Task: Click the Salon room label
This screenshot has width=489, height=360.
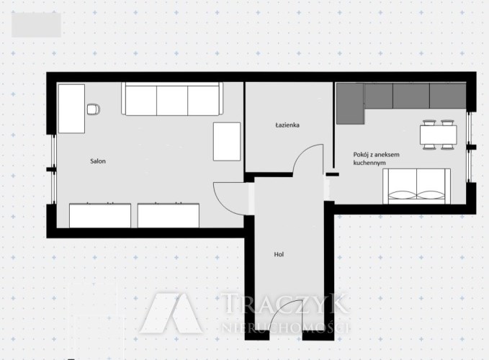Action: coord(98,161)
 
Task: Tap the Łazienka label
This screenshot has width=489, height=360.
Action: coord(287,125)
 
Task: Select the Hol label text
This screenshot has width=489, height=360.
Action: coord(279,254)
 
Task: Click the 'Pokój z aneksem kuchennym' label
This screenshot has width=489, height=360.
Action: coord(376,158)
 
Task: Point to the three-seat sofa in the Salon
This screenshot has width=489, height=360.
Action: coord(172,99)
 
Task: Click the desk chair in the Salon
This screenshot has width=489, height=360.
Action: coord(94,109)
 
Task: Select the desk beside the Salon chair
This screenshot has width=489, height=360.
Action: coord(72,109)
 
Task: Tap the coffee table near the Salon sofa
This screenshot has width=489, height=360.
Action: coord(227,142)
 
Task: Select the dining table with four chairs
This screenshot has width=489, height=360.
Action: coord(438,135)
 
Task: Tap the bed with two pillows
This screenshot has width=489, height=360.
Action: coord(417,186)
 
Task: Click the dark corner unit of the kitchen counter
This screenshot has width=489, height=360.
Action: coord(350,104)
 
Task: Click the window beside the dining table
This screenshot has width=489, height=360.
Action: coord(469,146)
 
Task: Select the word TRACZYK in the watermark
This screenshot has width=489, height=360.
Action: coord(284,303)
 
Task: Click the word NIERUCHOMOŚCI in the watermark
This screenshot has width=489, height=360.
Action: coord(284,328)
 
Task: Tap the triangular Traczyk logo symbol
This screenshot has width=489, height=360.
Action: coord(171,313)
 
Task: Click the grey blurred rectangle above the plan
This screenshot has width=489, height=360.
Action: coord(36,25)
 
